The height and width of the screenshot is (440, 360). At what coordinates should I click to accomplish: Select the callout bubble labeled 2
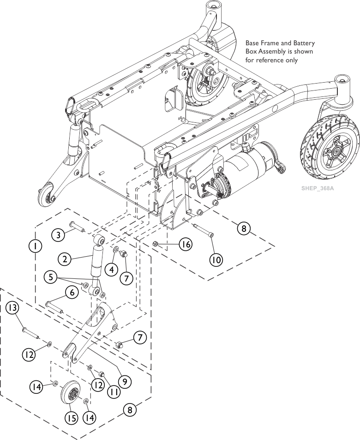pyautogui.click(x=66, y=259)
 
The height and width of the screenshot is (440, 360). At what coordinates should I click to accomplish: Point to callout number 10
pyautogui.click(x=216, y=259)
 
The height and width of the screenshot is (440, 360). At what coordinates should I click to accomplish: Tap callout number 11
pyautogui.click(x=114, y=392)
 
